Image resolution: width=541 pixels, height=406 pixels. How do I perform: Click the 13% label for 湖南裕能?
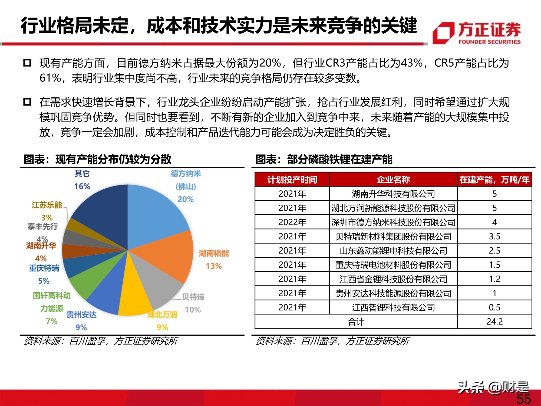(214, 266)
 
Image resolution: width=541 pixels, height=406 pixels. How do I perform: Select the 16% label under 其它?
(82, 186)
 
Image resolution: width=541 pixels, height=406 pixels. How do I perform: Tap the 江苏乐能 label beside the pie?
(47, 205)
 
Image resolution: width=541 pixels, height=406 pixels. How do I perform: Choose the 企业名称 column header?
(393, 179)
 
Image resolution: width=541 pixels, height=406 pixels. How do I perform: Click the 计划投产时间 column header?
(292, 179)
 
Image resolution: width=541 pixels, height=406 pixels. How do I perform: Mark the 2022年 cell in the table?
(292, 222)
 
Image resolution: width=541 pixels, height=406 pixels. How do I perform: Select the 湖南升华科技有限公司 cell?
(393, 194)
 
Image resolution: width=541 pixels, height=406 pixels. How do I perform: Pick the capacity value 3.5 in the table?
(494, 236)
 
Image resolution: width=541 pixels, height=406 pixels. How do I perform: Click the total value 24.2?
(494, 322)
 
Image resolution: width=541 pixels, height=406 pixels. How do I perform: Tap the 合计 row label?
(356, 322)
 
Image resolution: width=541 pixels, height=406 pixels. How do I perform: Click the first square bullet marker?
(27, 63)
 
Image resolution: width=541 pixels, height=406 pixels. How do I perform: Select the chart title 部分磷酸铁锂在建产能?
(339, 159)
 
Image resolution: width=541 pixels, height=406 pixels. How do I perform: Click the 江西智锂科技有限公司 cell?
(393, 307)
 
